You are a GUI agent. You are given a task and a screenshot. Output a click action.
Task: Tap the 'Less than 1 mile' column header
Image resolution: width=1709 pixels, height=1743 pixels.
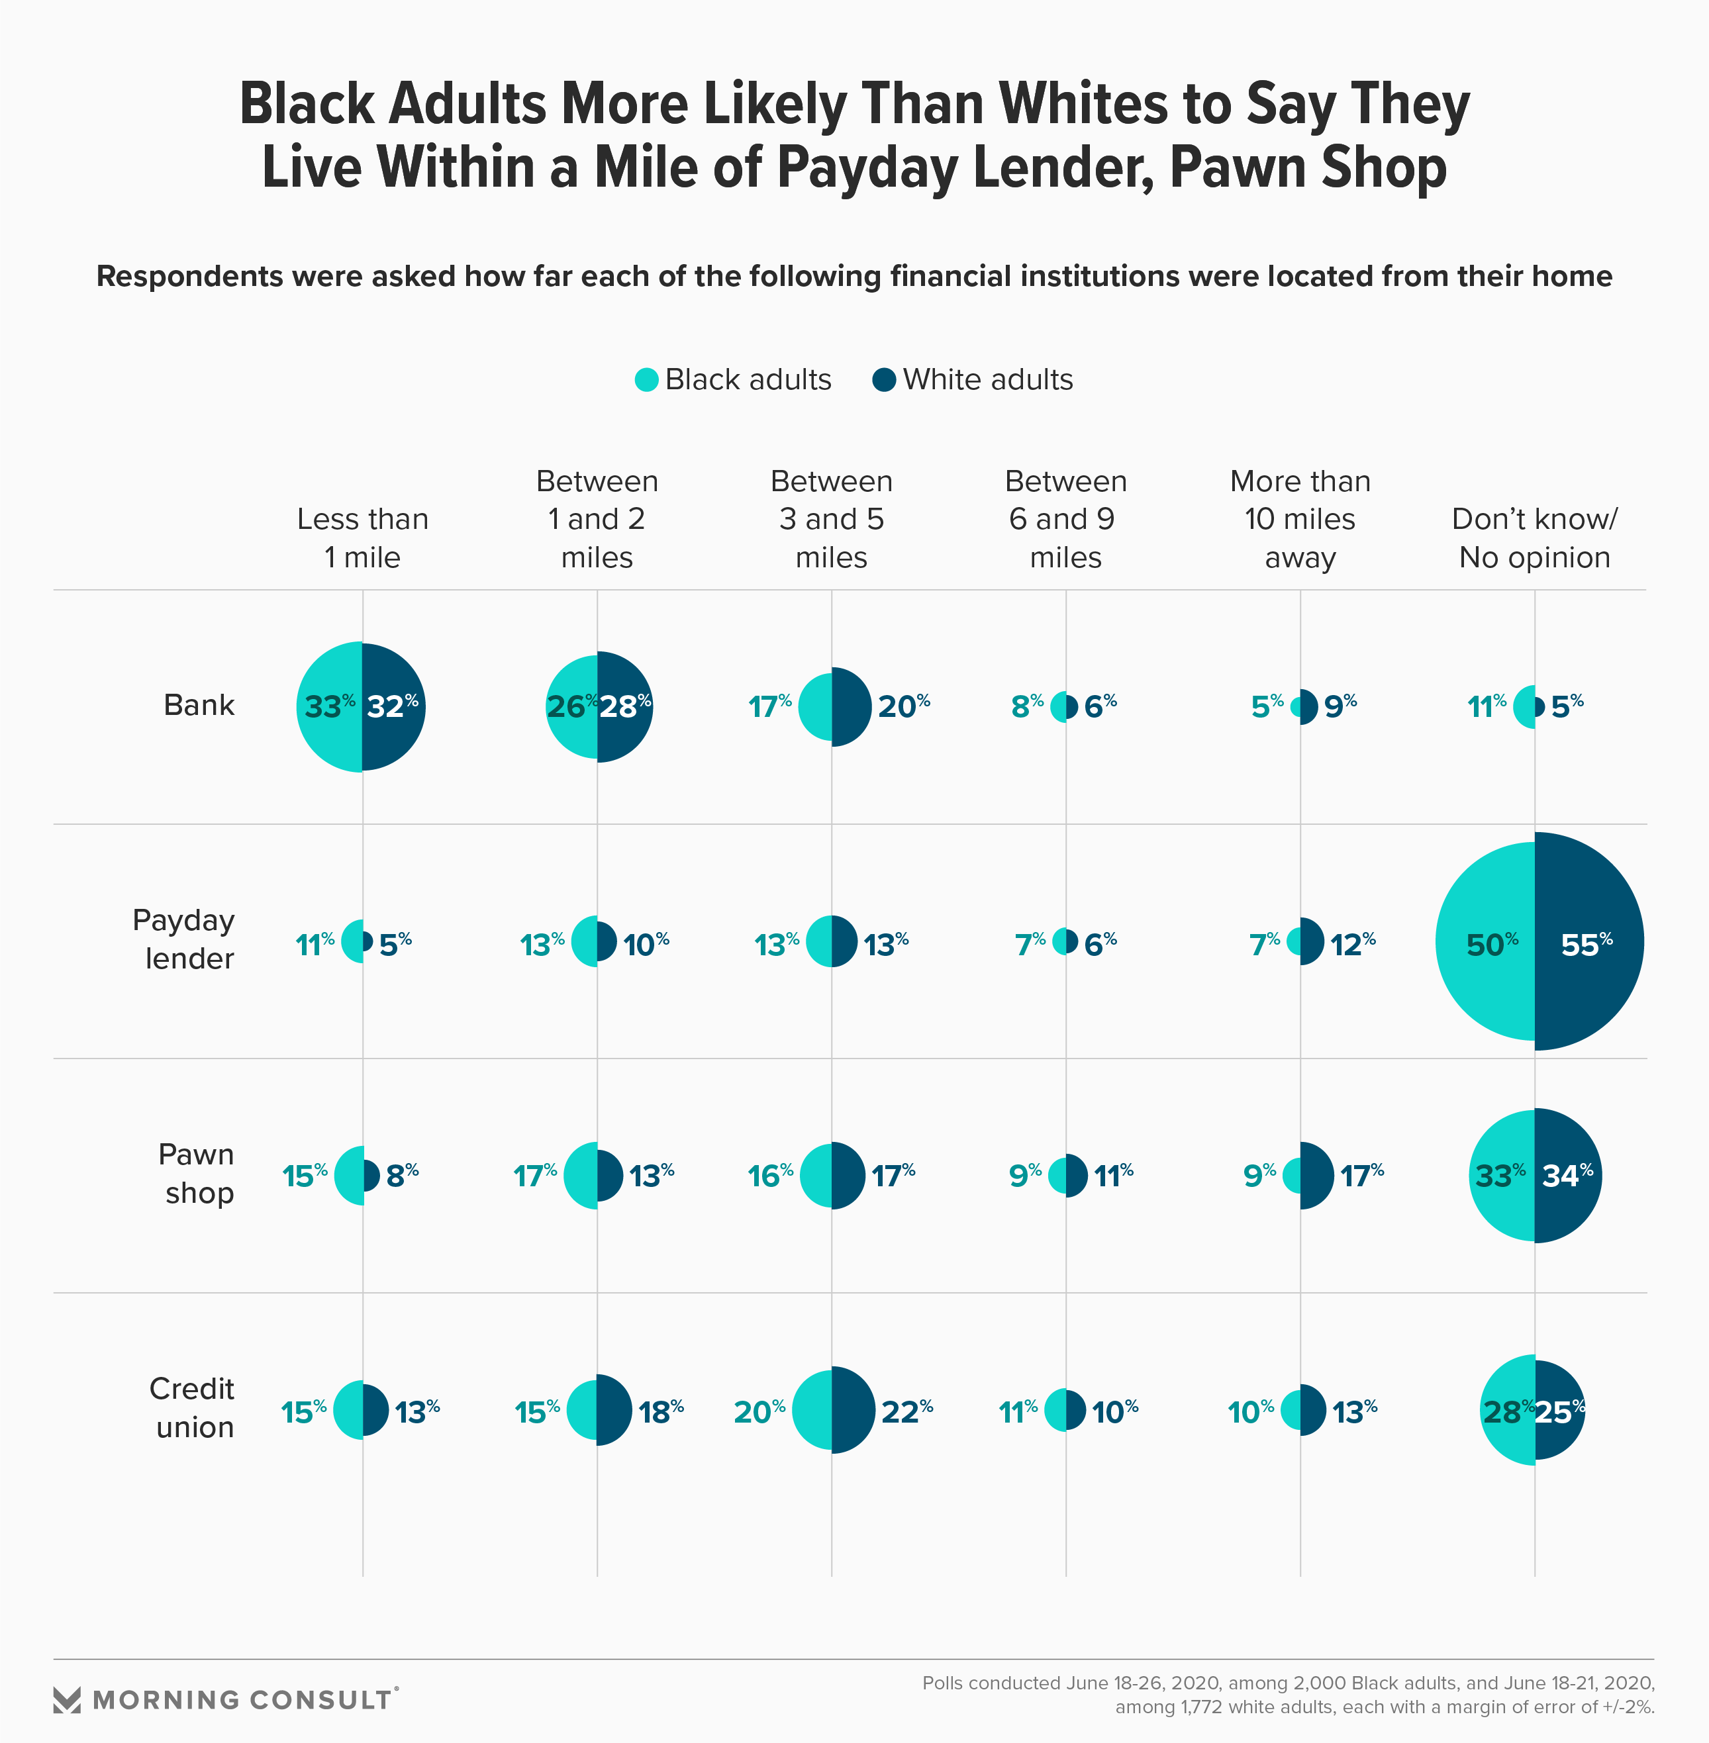pyautogui.click(x=363, y=538)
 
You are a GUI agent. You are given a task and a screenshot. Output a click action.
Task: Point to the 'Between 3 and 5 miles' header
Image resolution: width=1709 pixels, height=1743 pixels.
pyautogui.click(x=831, y=519)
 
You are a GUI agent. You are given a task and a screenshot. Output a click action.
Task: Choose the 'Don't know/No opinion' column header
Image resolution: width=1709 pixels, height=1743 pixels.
pyautogui.click(x=1534, y=538)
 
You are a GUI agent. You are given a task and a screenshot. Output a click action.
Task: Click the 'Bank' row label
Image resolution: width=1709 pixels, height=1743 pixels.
pyautogui.click(x=199, y=706)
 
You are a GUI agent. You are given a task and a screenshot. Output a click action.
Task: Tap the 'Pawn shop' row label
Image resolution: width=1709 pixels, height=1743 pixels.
pyautogui.click(x=197, y=1173)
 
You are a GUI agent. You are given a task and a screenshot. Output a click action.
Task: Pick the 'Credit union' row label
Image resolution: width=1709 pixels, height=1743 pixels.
pyautogui.click(x=192, y=1407)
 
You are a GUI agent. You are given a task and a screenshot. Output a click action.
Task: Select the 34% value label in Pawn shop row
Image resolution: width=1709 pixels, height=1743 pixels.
pyautogui.click(x=1567, y=1175)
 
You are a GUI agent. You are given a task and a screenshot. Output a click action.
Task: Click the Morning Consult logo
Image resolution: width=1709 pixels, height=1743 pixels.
pyautogui.click(x=224, y=1699)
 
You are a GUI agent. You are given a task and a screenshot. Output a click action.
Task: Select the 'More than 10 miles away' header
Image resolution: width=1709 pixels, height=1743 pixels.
pyautogui.click(x=1300, y=519)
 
